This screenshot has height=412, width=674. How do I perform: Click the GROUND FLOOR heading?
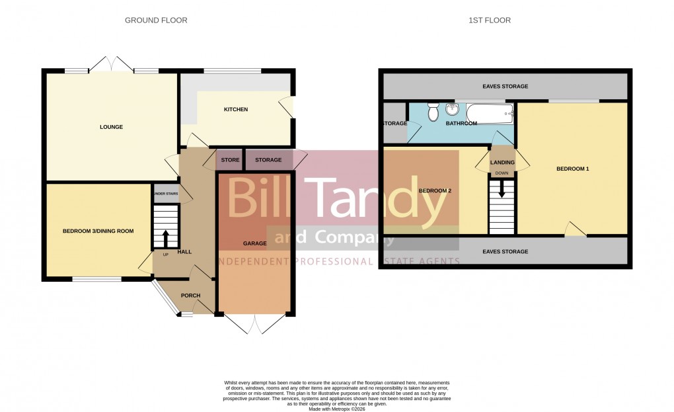click(x=156, y=21)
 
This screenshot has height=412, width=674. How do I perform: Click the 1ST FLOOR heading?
click(x=490, y=21)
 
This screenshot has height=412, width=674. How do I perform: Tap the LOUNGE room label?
click(x=112, y=127)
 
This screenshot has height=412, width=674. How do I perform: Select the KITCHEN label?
click(x=235, y=109)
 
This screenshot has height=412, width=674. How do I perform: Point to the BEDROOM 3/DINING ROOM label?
click(x=98, y=231)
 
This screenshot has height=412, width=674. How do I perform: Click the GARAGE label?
click(x=254, y=243)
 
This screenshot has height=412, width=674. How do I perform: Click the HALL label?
click(x=184, y=251)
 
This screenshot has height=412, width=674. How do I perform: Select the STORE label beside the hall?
click(x=230, y=160)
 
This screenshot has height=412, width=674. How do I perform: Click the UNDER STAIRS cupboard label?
click(x=165, y=194)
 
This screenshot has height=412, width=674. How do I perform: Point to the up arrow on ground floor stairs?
click(x=165, y=236)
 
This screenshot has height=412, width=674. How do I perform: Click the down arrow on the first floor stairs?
click(x=502, y=190)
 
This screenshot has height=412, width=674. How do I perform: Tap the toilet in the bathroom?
click(x=433, y=112)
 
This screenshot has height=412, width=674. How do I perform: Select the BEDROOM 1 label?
click(x=572, y=169)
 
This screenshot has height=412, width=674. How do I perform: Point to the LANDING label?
click(x=502, y=162)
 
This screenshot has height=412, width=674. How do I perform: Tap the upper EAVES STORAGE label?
click(x=505, y=87)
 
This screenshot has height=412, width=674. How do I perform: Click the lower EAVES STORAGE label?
click(x=505, y=251)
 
